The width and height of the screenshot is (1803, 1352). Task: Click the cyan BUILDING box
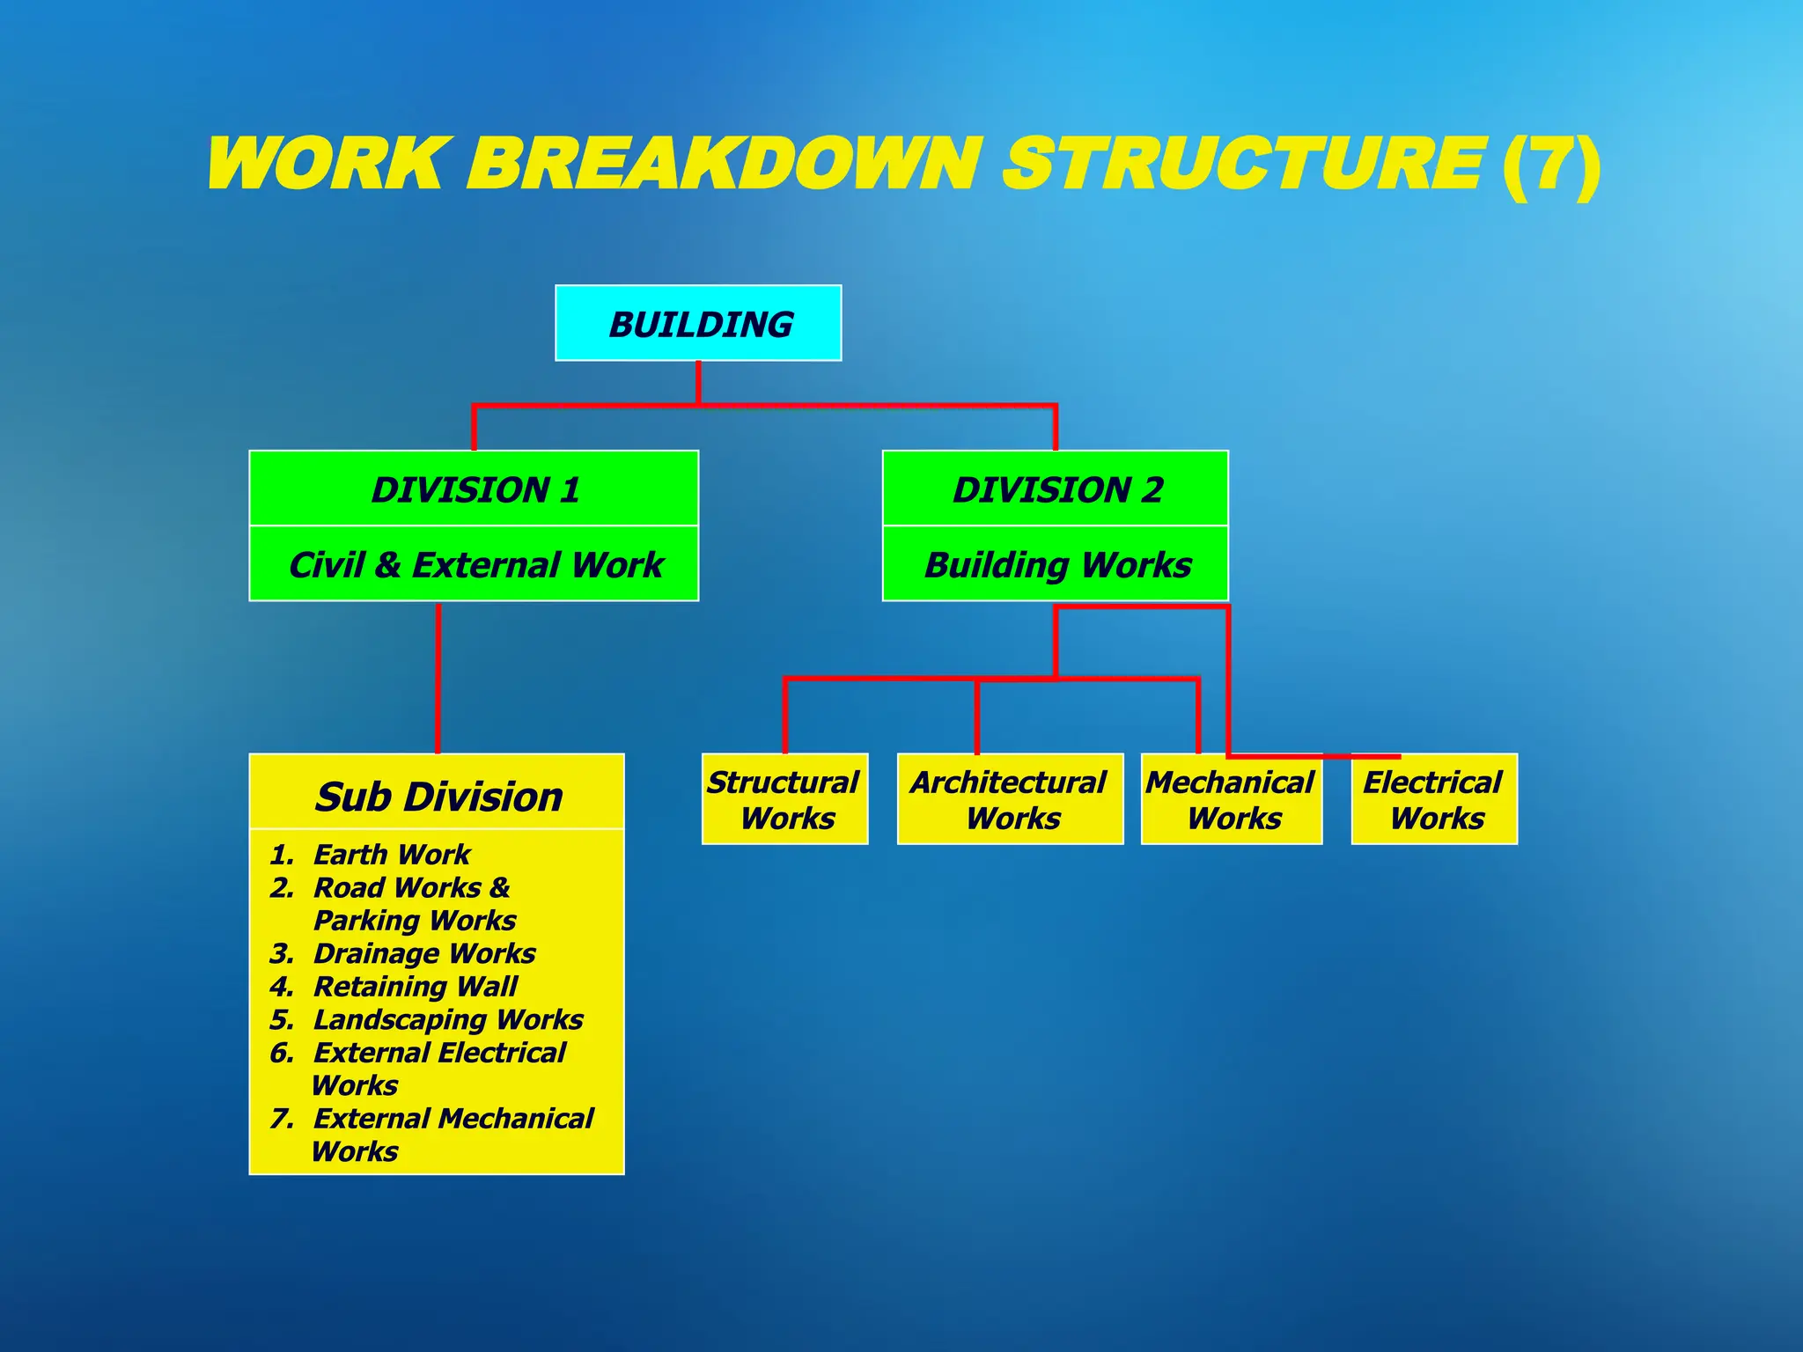(x=698, y=323)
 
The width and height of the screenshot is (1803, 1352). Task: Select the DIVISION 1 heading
(x=475, y=489)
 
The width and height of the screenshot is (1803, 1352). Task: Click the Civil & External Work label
(x=475, y=564)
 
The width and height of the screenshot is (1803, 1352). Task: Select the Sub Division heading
(x=438, y=796)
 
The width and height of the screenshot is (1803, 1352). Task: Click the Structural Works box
(x=784, y=799)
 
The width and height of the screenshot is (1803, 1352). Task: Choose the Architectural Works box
(x=1010, y=799)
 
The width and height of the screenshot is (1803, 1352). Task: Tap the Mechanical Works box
(x=1232, y=799)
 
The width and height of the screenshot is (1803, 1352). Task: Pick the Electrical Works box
(x=1434, y=799)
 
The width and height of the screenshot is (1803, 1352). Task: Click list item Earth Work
(x=392, y=854)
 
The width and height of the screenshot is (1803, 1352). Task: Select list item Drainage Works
(x=424, y=953)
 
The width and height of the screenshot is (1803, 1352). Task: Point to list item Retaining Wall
(x=415, y=986)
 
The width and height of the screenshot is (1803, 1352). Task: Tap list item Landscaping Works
(x=448, y=1019)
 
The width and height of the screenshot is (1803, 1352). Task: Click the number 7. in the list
(x=282, y=1119)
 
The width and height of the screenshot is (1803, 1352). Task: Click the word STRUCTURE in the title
(x=1244, y=165)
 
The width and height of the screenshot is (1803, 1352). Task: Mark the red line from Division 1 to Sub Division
(x=438, y=678)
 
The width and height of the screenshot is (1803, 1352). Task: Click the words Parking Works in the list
(x=415, y=921)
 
